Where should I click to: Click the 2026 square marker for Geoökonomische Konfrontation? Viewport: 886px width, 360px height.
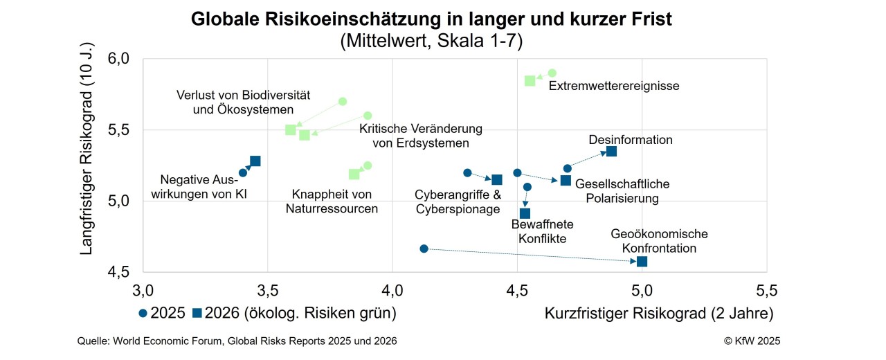point(642,261)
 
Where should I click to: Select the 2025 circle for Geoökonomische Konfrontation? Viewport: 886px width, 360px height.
point(424,249)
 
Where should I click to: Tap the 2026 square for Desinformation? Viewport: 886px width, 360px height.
point(611,152)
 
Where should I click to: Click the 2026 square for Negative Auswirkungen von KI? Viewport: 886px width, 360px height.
point(255,161)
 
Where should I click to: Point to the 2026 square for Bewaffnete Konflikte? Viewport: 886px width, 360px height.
point(525,213)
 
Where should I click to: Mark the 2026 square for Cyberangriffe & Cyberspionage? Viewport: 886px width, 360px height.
point(496,180)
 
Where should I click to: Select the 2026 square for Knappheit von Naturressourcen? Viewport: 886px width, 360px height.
point(354,174)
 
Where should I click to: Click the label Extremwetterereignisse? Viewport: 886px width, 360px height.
point(614,87)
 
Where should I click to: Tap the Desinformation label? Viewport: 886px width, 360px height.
point(631,140)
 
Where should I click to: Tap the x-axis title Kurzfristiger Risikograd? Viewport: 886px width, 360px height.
point(659,313)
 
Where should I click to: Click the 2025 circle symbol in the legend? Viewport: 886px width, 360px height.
point(143,313)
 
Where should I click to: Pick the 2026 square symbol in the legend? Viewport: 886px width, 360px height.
point(197,313)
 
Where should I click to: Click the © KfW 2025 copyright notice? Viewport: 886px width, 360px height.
point(752,341)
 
